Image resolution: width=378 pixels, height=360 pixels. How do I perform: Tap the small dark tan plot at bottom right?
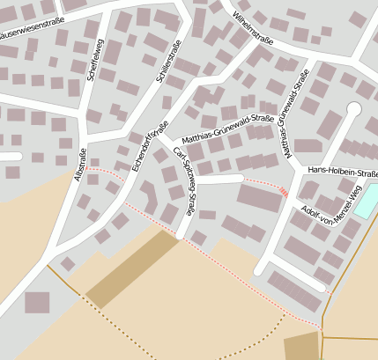click(x=302, y=346)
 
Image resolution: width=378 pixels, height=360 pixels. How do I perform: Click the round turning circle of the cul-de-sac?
click(x=354, y=108)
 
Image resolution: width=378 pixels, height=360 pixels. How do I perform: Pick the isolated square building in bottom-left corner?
click(x=37, y=303)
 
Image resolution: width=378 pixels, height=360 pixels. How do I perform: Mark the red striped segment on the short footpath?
click(x=283, y=191)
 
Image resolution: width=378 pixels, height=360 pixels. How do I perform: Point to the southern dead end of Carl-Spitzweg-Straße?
click(x=182, y=234)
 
